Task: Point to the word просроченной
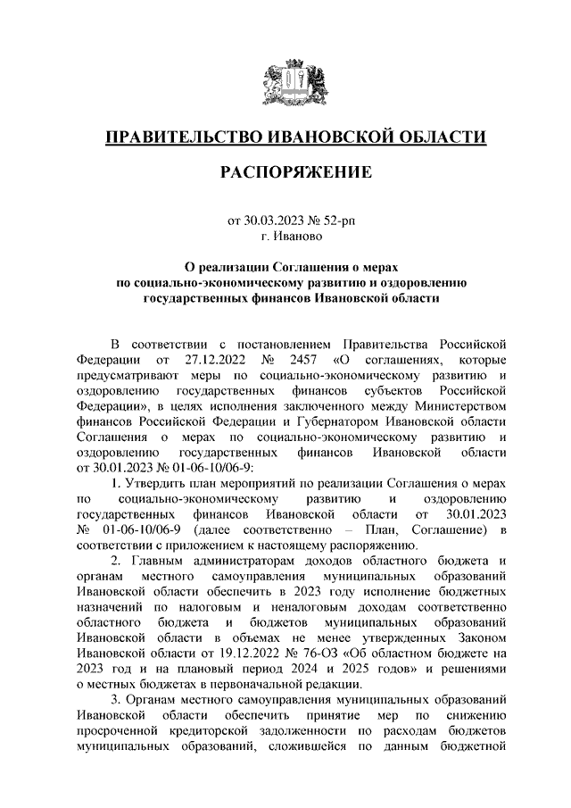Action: [118, 729]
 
